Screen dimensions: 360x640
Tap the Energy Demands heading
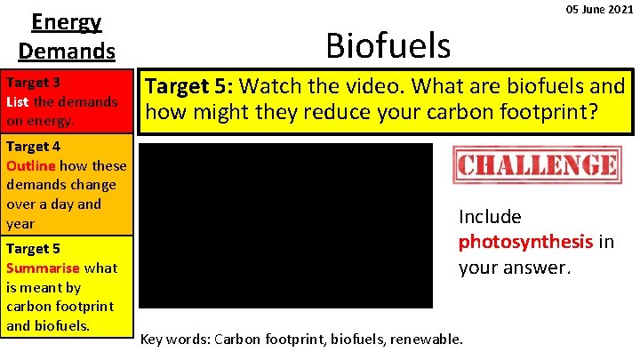[x=67, y=36]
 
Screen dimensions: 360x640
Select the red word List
[x=17, y=101]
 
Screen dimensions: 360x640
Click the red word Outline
[x=32, y=165]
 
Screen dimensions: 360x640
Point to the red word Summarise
[x=43, y=268]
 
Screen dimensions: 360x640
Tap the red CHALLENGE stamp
[x=537, y=165]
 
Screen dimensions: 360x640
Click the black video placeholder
[x=286, y=226]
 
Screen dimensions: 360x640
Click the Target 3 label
[x=33, y=83]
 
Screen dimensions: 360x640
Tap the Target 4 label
[x=33, y=147]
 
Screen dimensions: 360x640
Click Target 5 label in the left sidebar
[x=33, y=249]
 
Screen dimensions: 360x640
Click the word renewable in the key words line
[x=429, y=339]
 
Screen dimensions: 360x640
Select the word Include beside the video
[x=490, y=217]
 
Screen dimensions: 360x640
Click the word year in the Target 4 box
[x=20, y=223]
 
